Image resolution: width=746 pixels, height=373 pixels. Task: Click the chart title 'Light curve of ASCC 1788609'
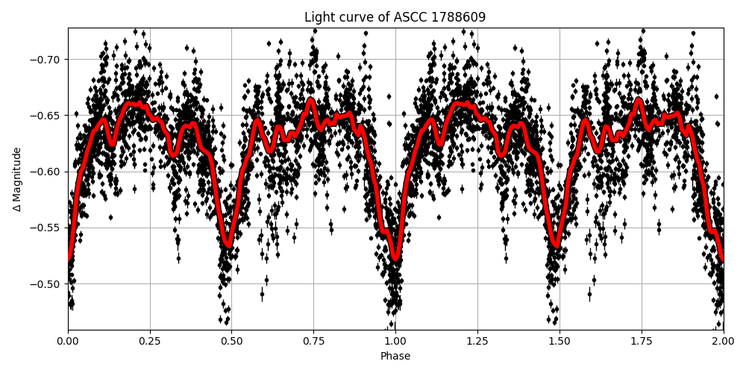pos(395,17)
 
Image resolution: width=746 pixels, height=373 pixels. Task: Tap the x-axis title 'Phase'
pos(395,357)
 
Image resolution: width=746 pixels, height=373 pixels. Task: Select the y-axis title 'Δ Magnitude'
pos(17,179)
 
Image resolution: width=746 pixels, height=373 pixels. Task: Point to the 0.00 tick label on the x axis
pos(68,341)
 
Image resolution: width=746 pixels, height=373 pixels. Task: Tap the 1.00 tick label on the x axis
pos(395,341)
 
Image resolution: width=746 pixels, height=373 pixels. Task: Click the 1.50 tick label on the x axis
pos(559,341)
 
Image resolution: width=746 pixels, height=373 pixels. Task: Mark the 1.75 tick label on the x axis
pos(642,341)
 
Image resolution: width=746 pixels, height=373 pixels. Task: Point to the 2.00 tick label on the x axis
pos(723,341)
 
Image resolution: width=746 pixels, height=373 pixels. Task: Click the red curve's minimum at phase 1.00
pos(395,259)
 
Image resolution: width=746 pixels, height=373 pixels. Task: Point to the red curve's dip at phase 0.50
pos(228,245)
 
